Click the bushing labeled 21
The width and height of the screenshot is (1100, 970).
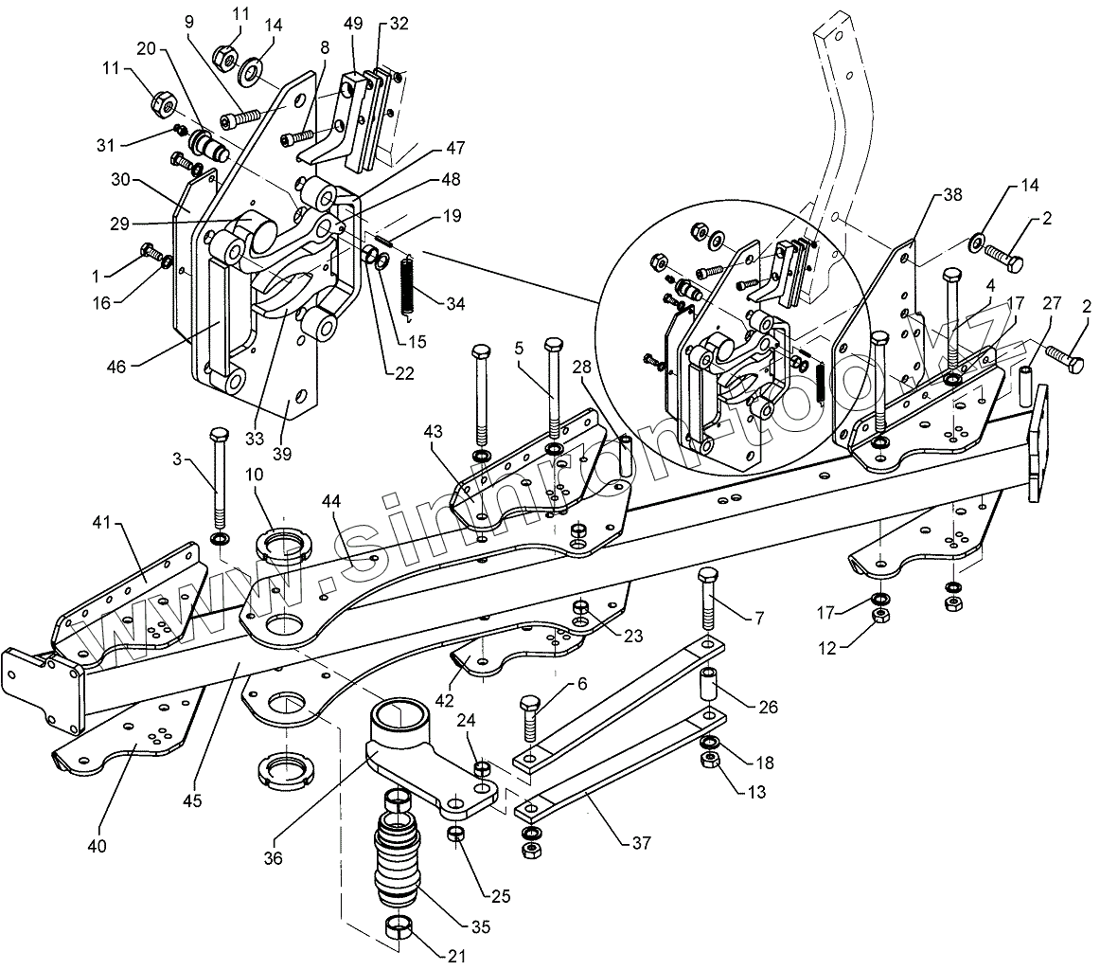(399, 931)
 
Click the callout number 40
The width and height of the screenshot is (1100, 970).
(98, 844)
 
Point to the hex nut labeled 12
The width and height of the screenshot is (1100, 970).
(879, 617)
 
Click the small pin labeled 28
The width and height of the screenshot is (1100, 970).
(626, 458)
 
